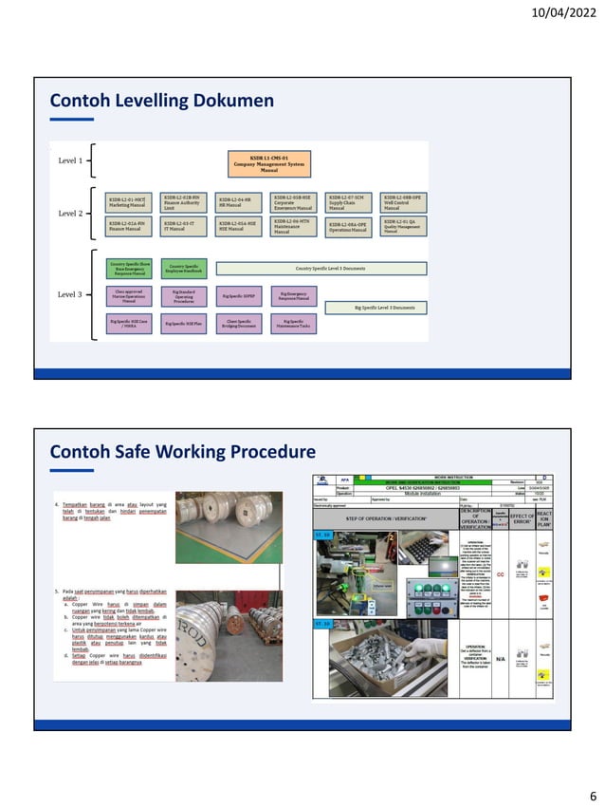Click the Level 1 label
(x=69, y=160)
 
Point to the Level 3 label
(x=69, y=294)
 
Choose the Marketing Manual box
(x=130, y=201)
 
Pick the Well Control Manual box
(x=403, y=201)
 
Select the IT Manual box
(x=184, y=226)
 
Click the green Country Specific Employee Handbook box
(x=184, y=269)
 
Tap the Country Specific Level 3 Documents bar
(x=321, y=269)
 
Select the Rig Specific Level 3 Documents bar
(x=376, y=308)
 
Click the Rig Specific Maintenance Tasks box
(x=294, y=324)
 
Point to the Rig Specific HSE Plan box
(x=184, y=324)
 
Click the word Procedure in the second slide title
(x=262, y=451)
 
